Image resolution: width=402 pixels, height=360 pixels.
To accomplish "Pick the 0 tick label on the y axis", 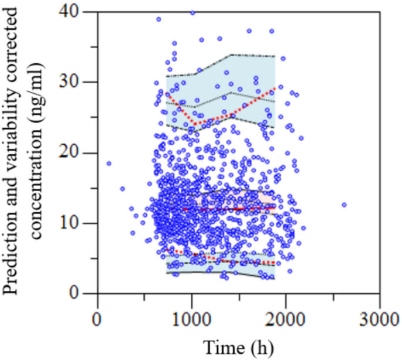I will tap(85, 293).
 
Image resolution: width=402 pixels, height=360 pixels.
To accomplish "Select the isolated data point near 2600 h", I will tap(344, 205).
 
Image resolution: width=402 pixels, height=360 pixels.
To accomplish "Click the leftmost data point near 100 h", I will tap(109, 163).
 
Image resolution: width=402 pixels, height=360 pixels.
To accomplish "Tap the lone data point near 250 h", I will tap(122, 189).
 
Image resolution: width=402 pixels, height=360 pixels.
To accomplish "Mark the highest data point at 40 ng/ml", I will tap(192, 12).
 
